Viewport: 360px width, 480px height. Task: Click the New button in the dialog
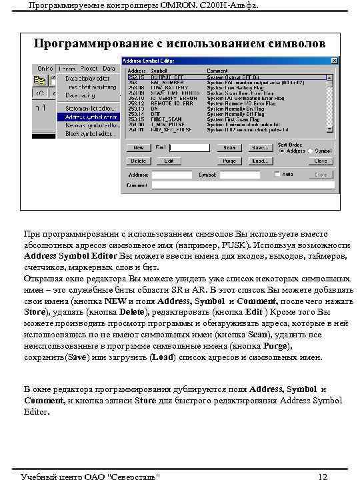pos(139,147)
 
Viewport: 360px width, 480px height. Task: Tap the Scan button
pos(229,147)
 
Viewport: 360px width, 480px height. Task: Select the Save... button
pos(259,147)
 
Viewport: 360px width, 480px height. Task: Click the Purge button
pos(229,161)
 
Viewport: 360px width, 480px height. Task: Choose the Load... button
pos(259,161)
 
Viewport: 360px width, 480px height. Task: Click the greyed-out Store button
pos(321,175)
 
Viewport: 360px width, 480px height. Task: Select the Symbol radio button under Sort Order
pos(311,151)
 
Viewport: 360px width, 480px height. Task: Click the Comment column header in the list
pos(217,70)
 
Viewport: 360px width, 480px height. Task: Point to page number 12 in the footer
pos(323,476)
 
